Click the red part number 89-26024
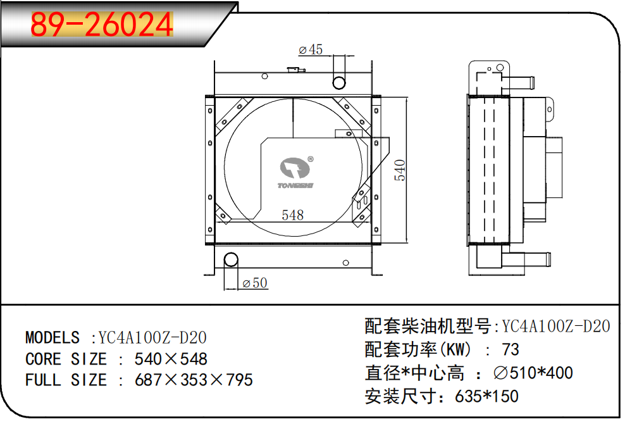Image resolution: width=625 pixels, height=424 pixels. coord(102,26)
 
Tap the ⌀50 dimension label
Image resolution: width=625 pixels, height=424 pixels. coord(255,283)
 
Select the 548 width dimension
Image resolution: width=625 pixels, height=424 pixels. coord(292,215)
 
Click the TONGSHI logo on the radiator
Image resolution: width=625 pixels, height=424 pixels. coord(297,173)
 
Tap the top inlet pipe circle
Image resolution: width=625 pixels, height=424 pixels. coord(340,82)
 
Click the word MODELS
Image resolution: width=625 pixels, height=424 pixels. coord(53,337)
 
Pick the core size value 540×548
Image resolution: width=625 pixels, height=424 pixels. coord(171,359)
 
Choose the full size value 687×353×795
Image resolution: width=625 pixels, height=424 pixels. coord(194,380)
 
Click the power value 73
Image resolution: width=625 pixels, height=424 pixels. coord(510,349)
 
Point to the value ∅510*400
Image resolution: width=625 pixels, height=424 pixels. coord(533,373)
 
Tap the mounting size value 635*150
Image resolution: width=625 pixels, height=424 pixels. coord(486,396)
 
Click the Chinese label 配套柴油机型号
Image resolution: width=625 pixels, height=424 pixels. coord(428,327)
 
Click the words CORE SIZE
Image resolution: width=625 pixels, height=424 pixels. coord(66,359)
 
